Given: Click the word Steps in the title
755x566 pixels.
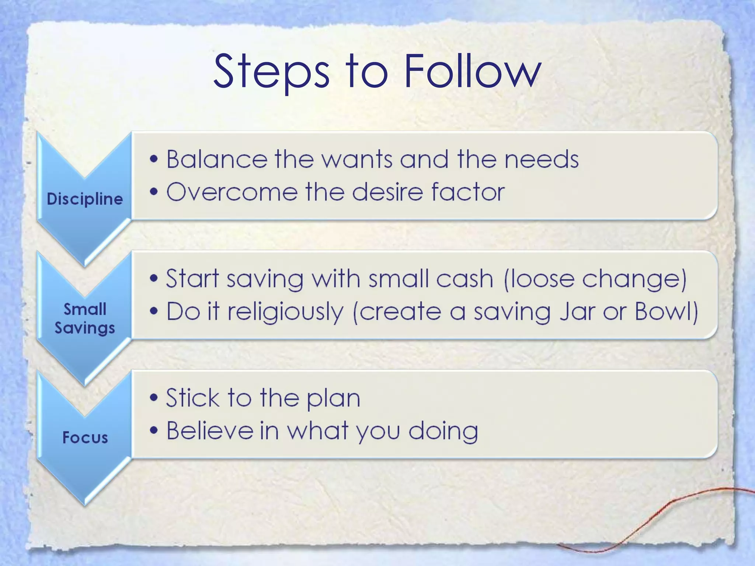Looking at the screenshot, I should [x=271, y=72].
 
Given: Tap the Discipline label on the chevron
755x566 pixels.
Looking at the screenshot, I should [x=85, y=199].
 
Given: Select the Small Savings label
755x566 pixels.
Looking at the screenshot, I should [x=85, y=318].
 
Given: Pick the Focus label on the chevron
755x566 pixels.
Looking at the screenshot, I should [x=85, y=437].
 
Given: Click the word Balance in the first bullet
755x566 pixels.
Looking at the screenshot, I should [x=217, y=159].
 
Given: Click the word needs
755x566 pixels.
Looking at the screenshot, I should [x=542, y=160].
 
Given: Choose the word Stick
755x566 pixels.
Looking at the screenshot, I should [x=192, y=398].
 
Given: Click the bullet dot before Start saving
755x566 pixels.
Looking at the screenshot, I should [x=154, y=279].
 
